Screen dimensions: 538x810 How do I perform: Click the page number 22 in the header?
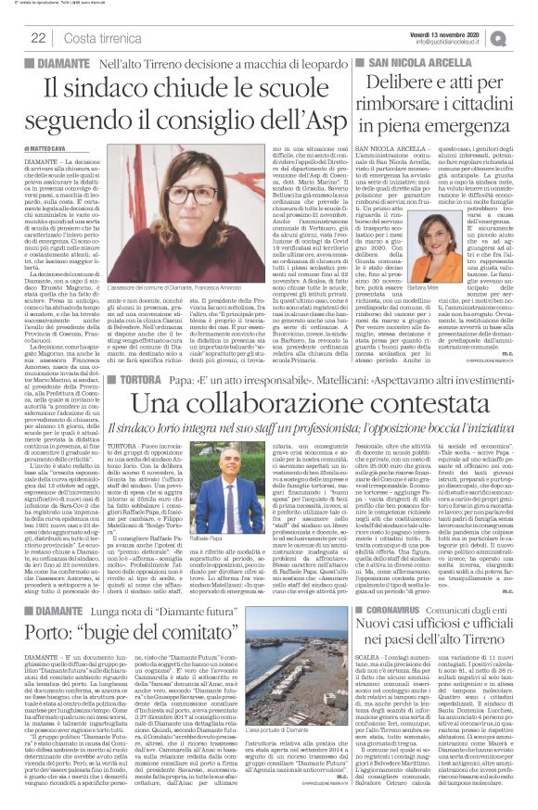pos(39,37)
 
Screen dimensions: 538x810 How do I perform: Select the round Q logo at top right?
pos(526,33)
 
